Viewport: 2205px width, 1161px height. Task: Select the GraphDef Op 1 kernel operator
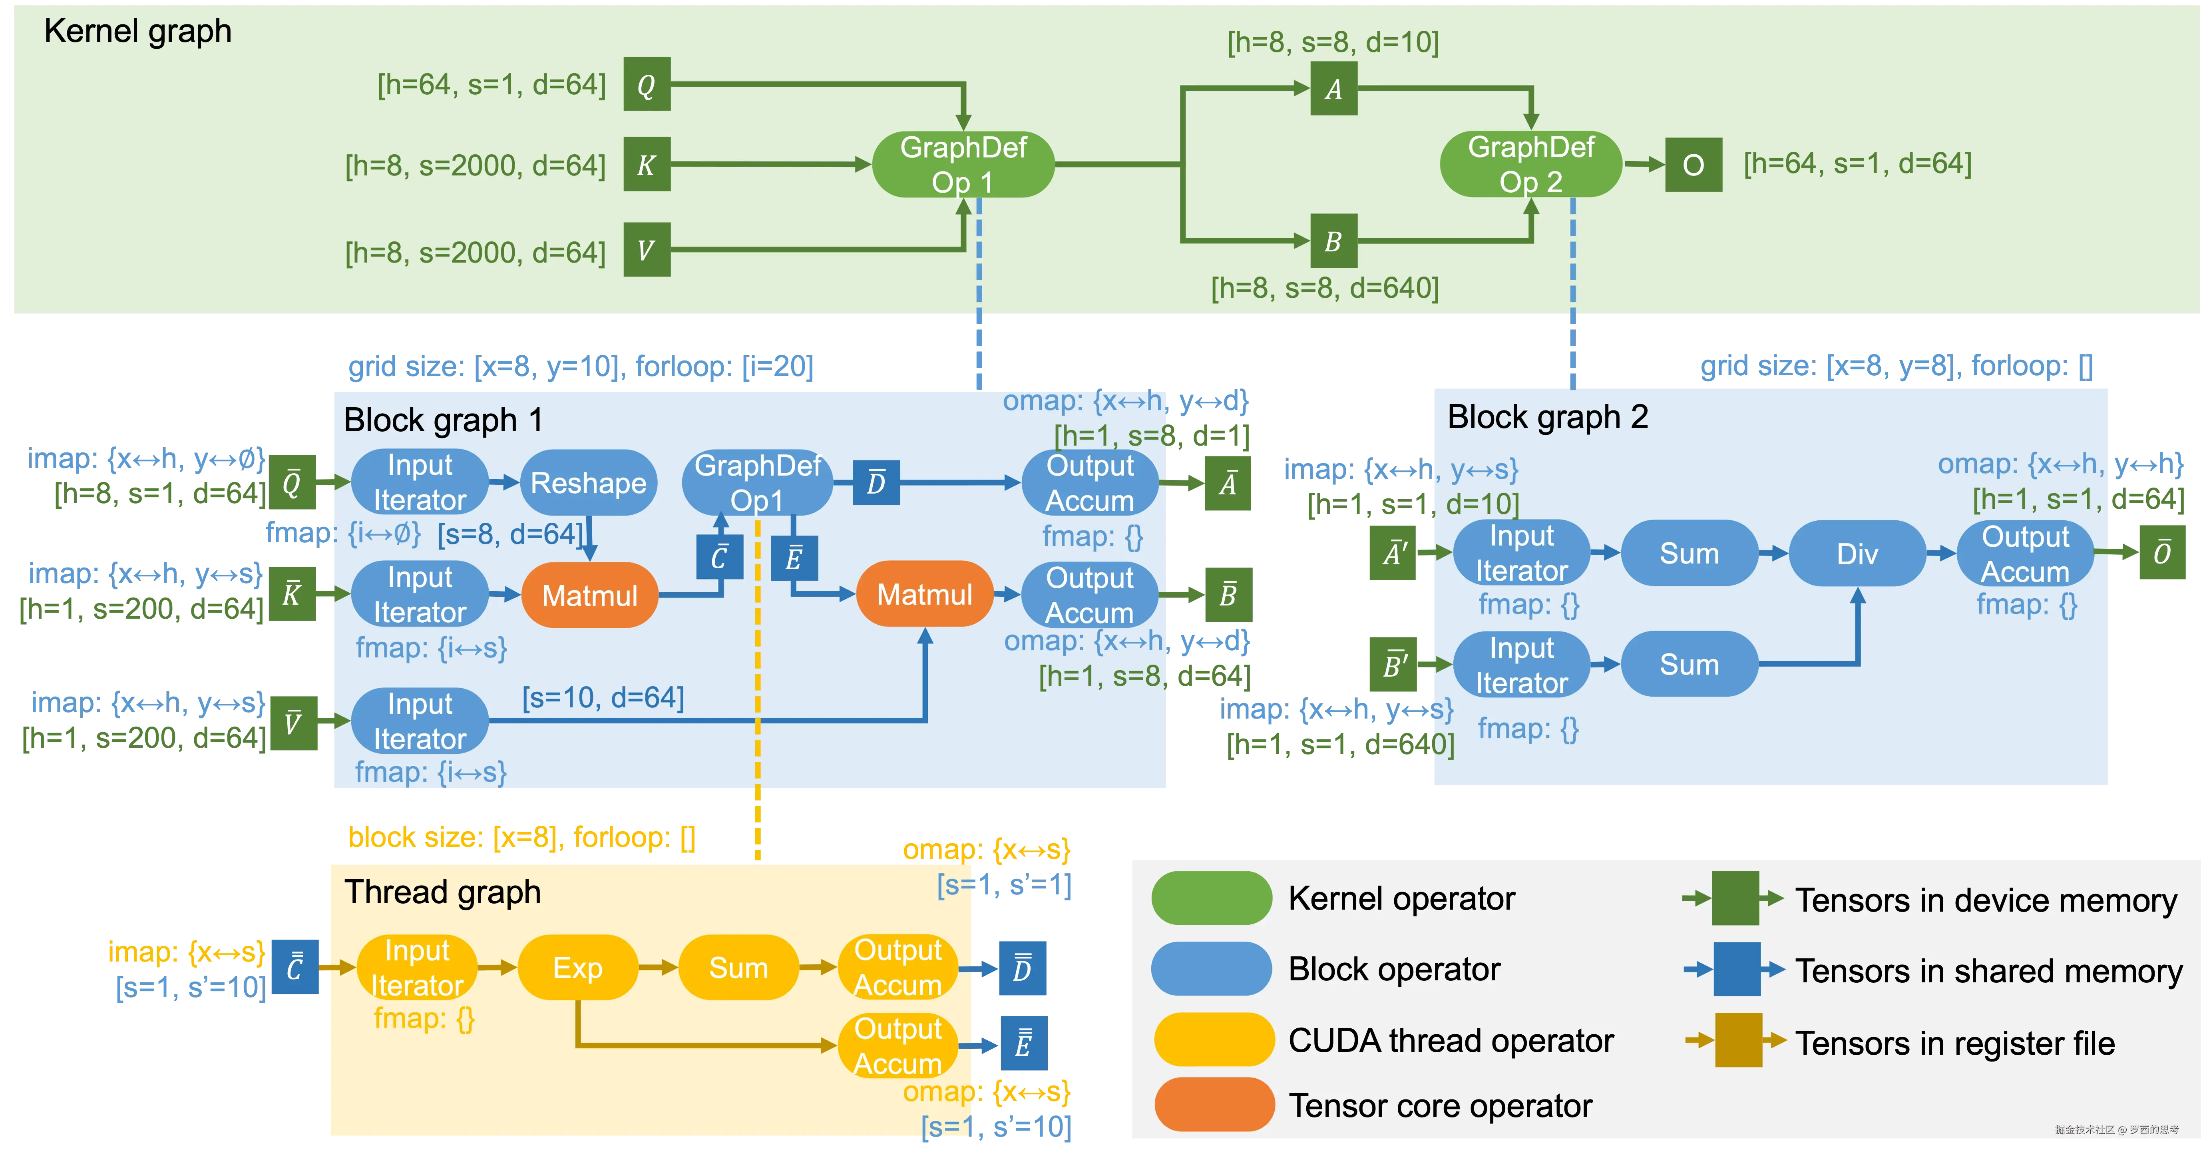[x=963, y=164]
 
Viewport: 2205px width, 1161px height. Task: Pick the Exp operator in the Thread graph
[x=578, y=968]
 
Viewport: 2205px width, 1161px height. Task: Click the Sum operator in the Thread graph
[x=738, y=968]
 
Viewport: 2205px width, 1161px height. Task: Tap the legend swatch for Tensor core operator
[x=1213, y=1105]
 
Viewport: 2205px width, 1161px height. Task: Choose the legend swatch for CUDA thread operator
[x=1213, y=1040]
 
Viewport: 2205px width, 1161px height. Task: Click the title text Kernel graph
[x=138, y=31]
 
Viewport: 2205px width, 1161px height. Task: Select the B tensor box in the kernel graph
[x=1333, y=241]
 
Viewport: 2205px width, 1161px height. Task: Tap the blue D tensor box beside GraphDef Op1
[x=876, y=483]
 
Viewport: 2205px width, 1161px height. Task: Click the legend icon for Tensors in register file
[x=1737, y=1040]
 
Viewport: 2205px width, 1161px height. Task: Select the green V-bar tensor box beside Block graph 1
[x=293, y=723]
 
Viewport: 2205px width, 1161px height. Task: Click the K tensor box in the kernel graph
[x=646, y=164]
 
